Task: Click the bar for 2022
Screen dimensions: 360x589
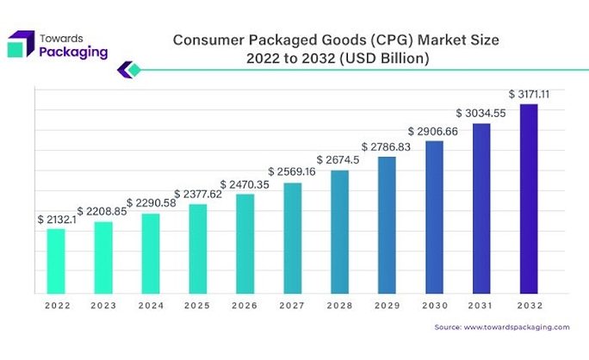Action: click(x=56, y=260)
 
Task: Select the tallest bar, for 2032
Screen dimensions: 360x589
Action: click(x=529, y=198)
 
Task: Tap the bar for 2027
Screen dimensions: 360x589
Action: click(x=293, y=238)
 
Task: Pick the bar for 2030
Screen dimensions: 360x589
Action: click(x=434, y=217)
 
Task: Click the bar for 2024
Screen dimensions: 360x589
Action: click(x=151, y=253)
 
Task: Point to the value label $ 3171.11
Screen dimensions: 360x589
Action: click(x=530, y=93)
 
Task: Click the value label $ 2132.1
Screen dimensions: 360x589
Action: click(x=56, y=220)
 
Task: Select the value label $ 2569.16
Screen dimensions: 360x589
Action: click(x=292, y=171)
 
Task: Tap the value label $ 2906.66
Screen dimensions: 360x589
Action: click(x=433, y=130)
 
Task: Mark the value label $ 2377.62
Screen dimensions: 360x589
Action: click(x=197, y=194)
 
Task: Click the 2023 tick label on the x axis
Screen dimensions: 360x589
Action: click(x=103, y=306)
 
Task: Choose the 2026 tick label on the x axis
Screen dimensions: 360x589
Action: click(x=245, y=306)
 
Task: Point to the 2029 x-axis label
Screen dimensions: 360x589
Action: click(x=387, y=306)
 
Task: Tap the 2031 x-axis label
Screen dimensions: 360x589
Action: click(x=481, y=306)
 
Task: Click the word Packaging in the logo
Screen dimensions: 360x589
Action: click(x=74, y=52)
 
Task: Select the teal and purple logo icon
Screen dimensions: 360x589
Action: click(x=21, y=44)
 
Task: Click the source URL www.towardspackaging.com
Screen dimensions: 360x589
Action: click(x=517, y=327)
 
